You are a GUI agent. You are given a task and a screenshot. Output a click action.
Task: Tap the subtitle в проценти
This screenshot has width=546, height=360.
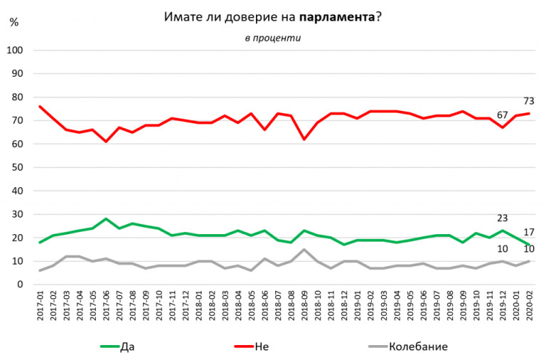click(x=272, y=38)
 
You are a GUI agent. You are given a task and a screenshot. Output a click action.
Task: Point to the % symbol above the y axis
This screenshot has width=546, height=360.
click(x=14, y=21)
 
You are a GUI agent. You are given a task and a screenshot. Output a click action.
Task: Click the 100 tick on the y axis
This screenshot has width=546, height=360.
click(x=16, y=51)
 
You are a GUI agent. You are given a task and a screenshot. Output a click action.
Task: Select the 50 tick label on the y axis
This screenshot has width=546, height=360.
click(x=18, y=168)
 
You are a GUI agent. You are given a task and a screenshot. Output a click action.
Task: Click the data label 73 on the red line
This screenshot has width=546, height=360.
click(x=529, y=101)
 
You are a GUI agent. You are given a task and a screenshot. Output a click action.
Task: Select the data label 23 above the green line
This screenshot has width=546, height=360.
click(x=503, y=218)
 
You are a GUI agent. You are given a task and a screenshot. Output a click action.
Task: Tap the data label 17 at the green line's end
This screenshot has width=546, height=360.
click(x=529, y=233)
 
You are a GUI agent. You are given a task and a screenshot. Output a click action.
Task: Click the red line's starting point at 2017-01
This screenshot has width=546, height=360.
click(x=40, y=107)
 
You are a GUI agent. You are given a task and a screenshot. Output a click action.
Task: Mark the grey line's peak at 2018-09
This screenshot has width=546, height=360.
click(x=304, y=250)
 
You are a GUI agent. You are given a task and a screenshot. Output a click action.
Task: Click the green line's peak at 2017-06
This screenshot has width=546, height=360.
click(x=106, y=219)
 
